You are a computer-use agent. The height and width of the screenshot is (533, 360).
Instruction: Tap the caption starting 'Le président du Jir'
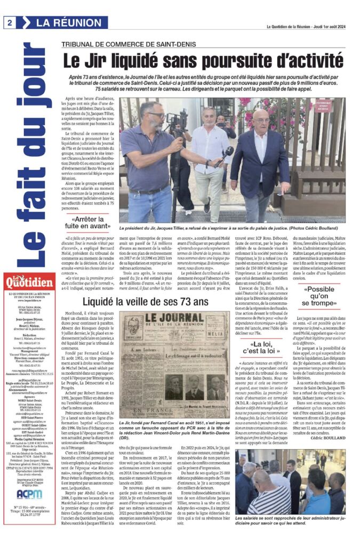[238, 227]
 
